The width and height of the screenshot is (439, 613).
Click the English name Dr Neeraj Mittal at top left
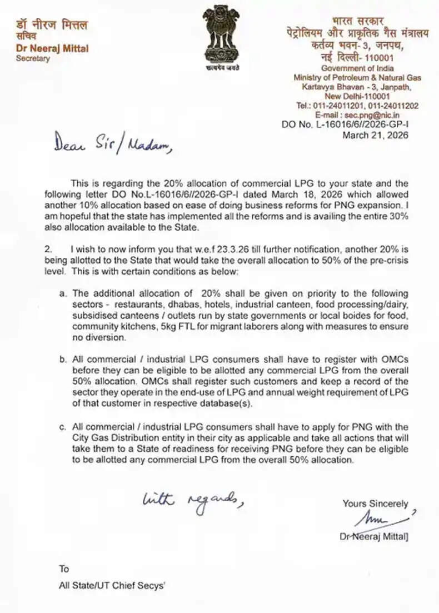click(x=52, y=48)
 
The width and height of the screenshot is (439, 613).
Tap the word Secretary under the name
click(x=33, y=58)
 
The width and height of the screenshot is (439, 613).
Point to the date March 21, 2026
click(x=375, y=135)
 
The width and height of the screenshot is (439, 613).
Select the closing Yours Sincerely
click(x=375, y=504)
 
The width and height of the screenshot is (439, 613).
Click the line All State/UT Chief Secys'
click(x=113, y=585)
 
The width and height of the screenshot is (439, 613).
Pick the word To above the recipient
click(x=64, y=569)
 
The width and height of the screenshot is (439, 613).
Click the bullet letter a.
click(x=63, y=293)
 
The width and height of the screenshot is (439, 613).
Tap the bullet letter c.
click(x=63, y=426)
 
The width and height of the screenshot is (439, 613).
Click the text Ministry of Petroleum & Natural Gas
click(x=357, y=77)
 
